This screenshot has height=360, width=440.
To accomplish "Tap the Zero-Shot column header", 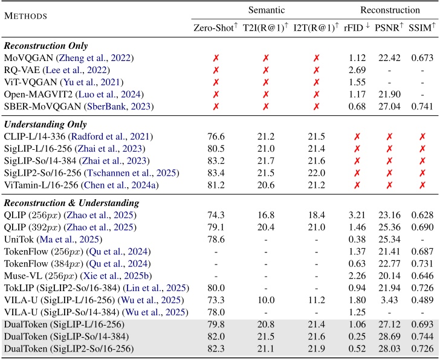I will [x=213, y=28].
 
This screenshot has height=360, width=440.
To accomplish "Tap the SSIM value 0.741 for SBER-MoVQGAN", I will [x=420, y=106].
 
